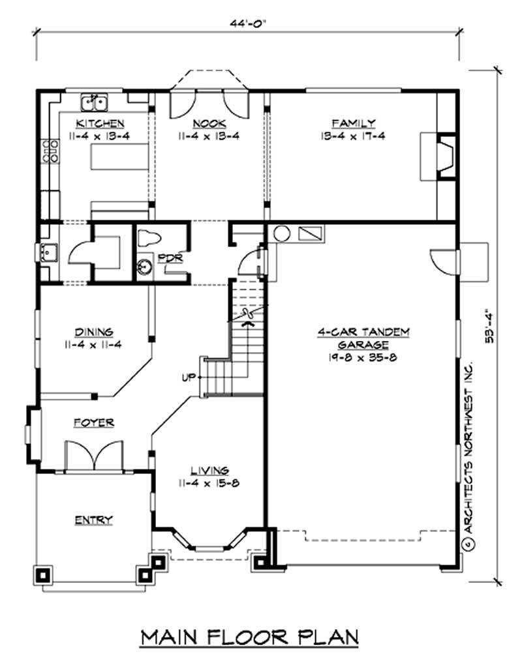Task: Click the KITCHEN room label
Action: click(100, 123)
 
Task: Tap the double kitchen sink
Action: click(95, 102)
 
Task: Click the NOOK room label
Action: click(209, 123)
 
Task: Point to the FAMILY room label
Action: click(353, 123)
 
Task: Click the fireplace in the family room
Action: click(443, 156)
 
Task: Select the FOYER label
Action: click(93, 422)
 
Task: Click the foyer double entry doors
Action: click(95, 456)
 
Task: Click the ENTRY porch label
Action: click(93, 520)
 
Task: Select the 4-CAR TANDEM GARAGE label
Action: click(363, 338)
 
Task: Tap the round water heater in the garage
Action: click(282, 234)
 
